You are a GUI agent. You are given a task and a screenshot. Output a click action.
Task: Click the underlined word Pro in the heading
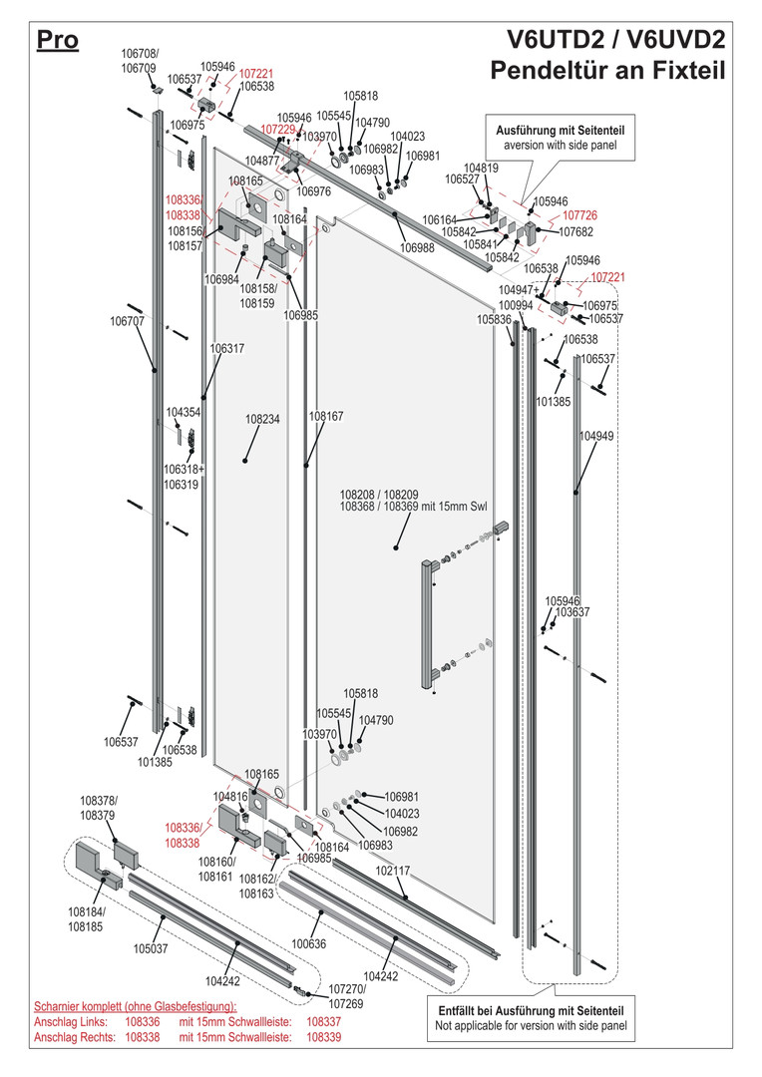tap(58, 41)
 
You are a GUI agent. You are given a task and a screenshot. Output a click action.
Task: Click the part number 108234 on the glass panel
tap(262, 419)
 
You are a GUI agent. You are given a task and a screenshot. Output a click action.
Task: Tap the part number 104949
tap(596, 436)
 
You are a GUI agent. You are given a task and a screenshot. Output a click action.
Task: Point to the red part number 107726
tap(579, 215)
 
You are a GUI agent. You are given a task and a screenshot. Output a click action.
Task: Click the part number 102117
tap(392, 871)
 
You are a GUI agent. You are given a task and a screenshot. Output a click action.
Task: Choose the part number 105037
tap(151, 948)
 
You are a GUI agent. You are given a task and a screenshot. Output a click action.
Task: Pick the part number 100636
tap(309, 943)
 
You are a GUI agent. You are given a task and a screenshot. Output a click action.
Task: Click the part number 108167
tap(326, 416)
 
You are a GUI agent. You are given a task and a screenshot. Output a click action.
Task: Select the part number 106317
tap(226, 349)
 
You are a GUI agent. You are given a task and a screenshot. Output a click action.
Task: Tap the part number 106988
tap(418, 248)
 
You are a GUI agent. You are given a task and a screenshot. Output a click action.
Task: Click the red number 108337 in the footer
tap(323, 1022)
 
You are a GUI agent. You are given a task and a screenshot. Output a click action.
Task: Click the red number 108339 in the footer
tap(323, 1037)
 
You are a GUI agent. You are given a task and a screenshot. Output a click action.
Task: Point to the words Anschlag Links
tap(71, 1022)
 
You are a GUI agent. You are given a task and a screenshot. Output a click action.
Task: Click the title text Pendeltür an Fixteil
tap(607, 70)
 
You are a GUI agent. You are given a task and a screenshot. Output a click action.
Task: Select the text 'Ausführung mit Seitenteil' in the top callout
tap(561, 131)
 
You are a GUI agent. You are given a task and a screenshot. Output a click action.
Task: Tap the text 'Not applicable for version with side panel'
tap(532, 1025)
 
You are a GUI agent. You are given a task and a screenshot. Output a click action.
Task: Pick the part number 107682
tap(575, 232)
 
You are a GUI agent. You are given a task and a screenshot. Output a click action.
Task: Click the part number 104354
tap(184, 412)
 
